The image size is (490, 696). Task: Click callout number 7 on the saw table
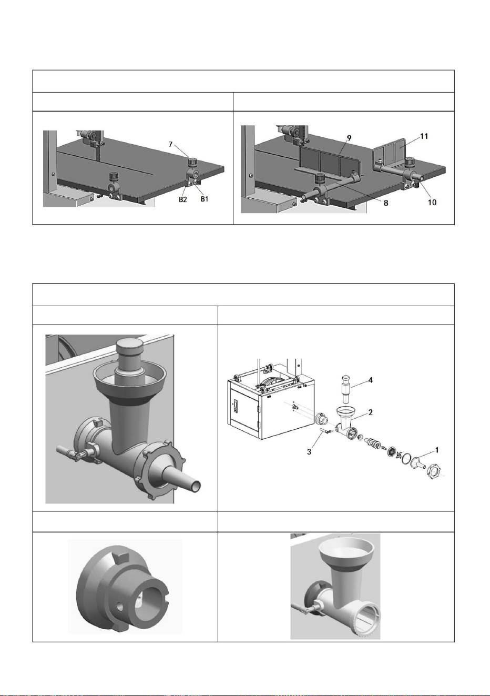click(x=170, y=144)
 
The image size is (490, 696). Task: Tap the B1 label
click(x=204, y=199)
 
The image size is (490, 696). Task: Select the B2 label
click(x=182, y=199)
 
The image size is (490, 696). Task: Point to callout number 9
click(x=349, y=138)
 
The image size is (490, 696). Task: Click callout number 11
click(x=424, y=136)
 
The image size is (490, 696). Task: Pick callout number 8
click(x=386, y=203)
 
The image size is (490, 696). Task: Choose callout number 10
click(x=432, y=202)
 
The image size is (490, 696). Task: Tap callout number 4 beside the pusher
click(x=371, y=380)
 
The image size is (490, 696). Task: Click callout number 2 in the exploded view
click(x=370, y=412)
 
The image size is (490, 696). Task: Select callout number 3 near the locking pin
click(x=309, y=451)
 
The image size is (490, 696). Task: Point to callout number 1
click(x=437, y=450)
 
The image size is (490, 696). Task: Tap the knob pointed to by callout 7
click(x=192, y=163)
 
